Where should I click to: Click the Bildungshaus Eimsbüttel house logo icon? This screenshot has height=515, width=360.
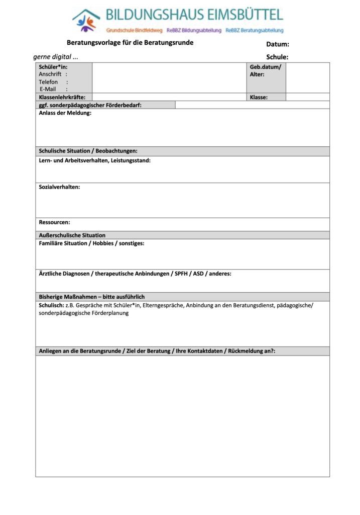tap(86, 20)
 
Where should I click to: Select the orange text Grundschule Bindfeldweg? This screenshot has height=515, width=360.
tap(134, 31)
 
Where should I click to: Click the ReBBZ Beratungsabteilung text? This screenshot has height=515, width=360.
tap(255, 31)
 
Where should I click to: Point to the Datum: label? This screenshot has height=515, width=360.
tap(278, 44)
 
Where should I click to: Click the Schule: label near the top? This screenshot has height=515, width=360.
tap(277, 57)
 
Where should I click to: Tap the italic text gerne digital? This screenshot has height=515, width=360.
tap(55, 57)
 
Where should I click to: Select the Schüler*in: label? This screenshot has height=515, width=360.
tap(53, 66)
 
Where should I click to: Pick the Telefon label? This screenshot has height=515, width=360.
tap(48, 81)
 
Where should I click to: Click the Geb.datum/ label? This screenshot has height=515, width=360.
tap(266, 67)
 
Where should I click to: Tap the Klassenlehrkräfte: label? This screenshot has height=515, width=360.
tap(62, 97)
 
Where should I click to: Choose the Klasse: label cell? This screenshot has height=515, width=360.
tap(259, 97)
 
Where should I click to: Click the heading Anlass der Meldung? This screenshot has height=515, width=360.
tap(65, 113)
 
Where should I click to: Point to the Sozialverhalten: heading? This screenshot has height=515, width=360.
tap(59, 187)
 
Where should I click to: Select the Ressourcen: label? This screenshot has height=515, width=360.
tap(54, 222)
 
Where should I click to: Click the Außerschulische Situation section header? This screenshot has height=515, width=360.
tap(72, 235)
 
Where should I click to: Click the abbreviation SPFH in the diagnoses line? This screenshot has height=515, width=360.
tap(179, 274)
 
